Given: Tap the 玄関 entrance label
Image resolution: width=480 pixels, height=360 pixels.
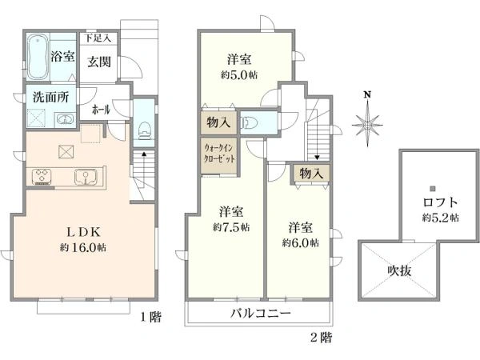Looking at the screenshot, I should click(x=98, y=62).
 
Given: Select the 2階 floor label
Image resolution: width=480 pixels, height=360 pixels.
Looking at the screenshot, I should click(x=320, y=338).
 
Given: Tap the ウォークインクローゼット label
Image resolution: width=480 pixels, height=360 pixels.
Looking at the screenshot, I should click(x=218, y=153).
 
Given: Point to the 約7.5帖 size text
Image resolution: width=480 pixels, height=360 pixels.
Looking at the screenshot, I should click(x=231, y=226).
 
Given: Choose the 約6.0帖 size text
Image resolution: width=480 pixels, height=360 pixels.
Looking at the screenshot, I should click(x=301, y=242).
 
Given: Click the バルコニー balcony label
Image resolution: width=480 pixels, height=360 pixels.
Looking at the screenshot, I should click(x=262, y=312).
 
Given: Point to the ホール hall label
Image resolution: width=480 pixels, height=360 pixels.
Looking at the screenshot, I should click(x=102, y=110).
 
